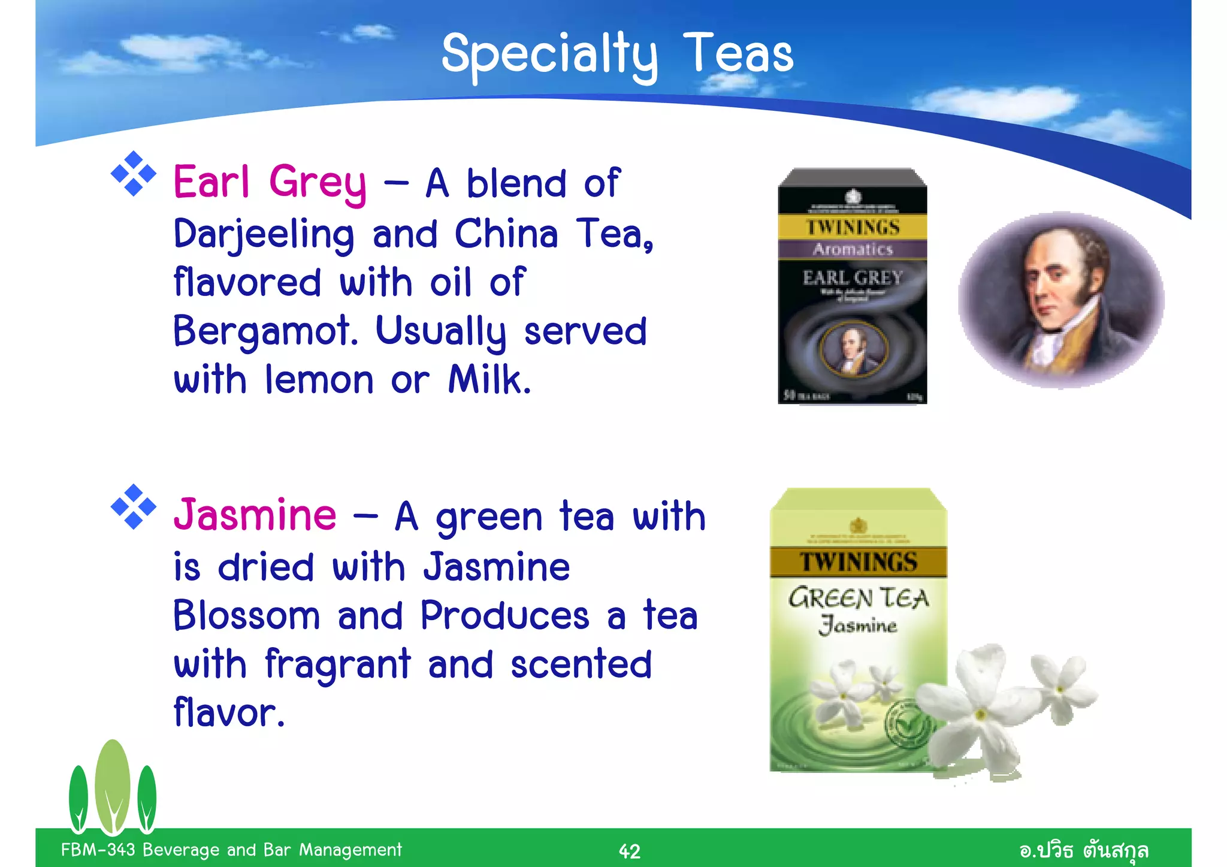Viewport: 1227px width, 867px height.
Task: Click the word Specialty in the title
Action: pyautogui.click(x=549, y=55)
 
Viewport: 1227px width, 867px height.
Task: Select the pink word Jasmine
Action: pyautogui.click(x=255, y=515)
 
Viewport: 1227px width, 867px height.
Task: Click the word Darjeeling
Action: pyautogui.click(x=264, y=235)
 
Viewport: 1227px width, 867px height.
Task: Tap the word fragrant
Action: pyautogui.click(x=338, y=665)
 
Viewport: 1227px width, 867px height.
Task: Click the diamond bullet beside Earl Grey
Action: pyautogui.click(x=133, y=174)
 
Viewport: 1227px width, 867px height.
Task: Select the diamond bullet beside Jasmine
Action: pyautogui.click(x=133, y=507)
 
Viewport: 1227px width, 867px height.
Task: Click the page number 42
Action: pyautogui.click(x=629, y=851)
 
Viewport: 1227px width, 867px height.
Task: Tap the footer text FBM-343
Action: pyautogui.click(x=98, y=850)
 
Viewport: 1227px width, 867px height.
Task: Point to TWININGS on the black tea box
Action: pyautogui.click(x=853, y=228)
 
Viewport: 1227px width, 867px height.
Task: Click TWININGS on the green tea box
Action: pyautogui.click(x=858, y=562)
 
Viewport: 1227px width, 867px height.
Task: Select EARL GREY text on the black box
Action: pyautogui.click(x=853, y=278)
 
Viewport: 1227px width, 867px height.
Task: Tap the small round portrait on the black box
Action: pyautogui.click(x=853, y=350)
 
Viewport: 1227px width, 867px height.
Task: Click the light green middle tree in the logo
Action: pyautogui.click(x=112, y=785)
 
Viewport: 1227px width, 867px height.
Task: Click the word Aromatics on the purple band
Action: pyautogui.click(x=853, y=249)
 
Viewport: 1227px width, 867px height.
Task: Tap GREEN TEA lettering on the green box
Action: pyautogui.click(x=858, y=598)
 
